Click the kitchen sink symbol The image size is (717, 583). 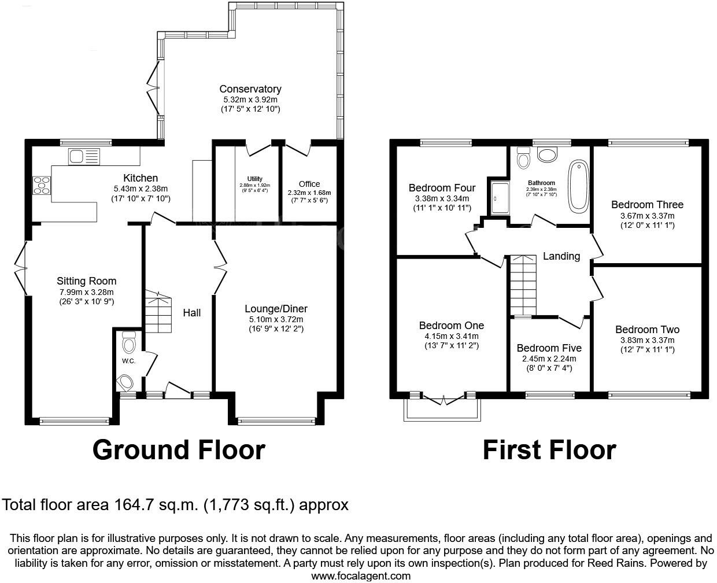coord(84,156)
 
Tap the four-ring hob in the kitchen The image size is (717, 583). coord(42,185)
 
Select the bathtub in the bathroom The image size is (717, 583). coord(578,186)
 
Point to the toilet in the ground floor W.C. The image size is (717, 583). coord(128,345)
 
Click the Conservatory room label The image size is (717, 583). coord(250,89)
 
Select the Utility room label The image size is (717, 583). coord(254,179)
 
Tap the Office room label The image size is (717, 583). coord(309,184)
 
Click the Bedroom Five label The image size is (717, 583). coord(549,348)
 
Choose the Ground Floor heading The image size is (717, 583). coord(179,450)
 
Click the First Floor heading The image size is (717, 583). coord(549,450)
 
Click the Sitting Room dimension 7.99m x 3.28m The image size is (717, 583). coord(86,292)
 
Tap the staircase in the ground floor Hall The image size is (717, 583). coord(158,312)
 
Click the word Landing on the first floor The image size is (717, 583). coord(561,256)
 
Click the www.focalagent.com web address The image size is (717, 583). coord(361,575)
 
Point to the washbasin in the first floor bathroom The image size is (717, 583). coord(546,154)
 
